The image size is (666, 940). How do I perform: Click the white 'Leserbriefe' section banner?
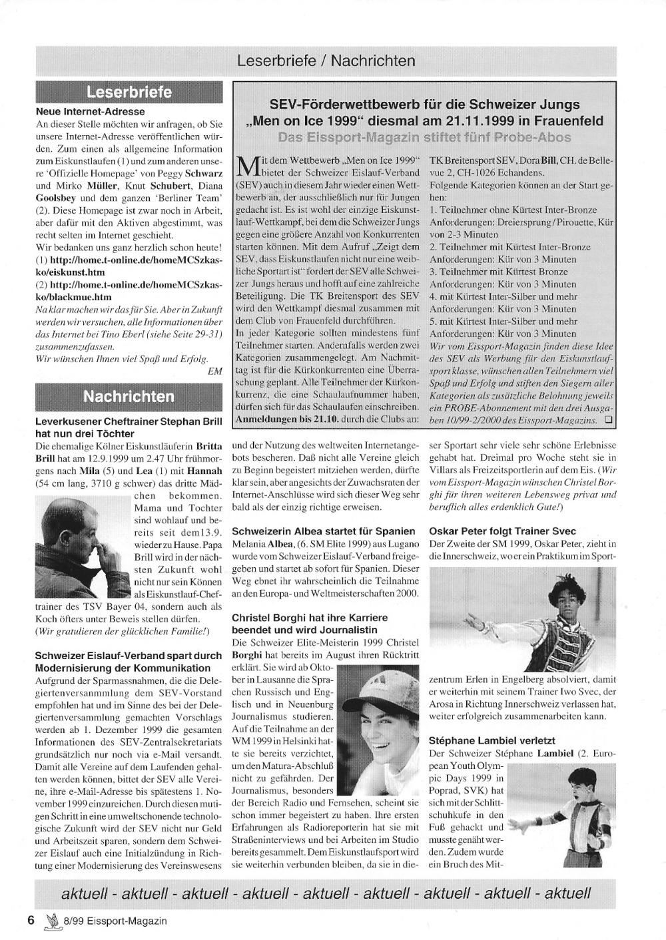coord(129,92)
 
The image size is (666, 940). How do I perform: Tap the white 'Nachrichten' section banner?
coord(129,397)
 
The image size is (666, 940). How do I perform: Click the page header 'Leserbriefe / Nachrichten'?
coord(326,61)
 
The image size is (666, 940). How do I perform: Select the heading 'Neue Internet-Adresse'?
coord(90,111)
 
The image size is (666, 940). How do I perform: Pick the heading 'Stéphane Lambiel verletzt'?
coord(492,740)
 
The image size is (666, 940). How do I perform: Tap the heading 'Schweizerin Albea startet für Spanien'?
coord(324,531)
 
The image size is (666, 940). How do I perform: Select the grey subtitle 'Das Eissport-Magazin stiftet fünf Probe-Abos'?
coord(424,137)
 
